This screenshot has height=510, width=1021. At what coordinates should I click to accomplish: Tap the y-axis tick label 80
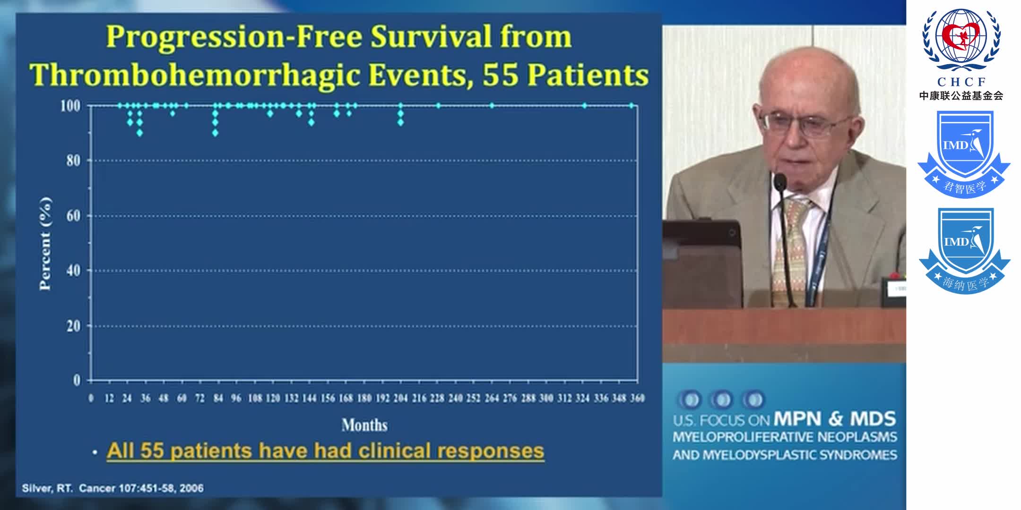(73, 161)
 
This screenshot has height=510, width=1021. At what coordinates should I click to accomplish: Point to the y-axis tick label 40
(73, 271)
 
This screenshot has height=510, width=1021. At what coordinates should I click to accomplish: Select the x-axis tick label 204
(400, 399)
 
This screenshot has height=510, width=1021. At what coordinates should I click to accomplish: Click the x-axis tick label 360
(637, 399)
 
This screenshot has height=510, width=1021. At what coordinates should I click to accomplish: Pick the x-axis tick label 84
(218, 399)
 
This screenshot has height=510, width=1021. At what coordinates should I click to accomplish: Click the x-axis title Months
(364, 425)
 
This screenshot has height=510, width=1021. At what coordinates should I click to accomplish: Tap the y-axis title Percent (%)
(45, 244)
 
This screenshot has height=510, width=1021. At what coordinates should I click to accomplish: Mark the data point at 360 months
(632, 105)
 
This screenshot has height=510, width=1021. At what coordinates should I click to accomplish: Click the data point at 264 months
(492, 105)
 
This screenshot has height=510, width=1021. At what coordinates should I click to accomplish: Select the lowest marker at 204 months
(400, 122)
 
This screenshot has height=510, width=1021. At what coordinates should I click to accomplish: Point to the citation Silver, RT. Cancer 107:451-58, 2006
(112, 488)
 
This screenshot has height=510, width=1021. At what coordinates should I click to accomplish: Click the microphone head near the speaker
(779, 181)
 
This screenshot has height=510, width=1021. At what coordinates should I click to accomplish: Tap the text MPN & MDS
(834, 419)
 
